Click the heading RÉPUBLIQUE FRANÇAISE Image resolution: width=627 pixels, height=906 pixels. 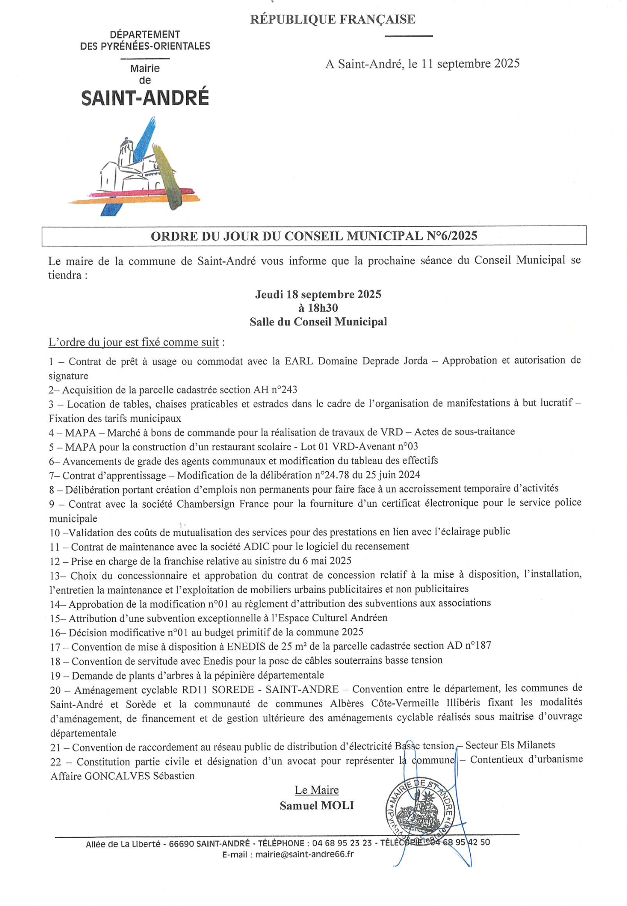332,19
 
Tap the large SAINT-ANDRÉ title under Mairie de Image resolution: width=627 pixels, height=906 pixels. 145,98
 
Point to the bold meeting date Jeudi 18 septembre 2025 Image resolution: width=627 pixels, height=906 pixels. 318,295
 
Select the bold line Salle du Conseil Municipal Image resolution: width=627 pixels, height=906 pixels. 318,322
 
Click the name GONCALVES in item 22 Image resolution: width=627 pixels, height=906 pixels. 117,776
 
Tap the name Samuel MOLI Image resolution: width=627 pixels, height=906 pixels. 317,806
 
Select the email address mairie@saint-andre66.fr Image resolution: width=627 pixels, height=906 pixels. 305,854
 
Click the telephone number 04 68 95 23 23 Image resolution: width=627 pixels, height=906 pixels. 342,843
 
